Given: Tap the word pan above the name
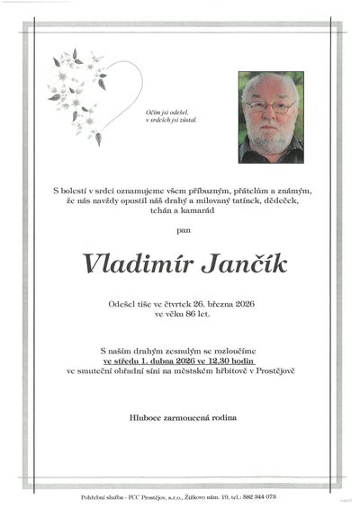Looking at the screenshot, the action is tap(180, 232).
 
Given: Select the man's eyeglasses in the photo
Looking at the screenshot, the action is tap(267, 106).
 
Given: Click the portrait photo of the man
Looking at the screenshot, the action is tap(271, 117).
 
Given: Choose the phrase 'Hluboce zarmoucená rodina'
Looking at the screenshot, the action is tap(180, 418).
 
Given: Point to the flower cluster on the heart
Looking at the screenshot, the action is tap(76, 90).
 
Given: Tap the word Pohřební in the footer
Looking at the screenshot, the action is tap(100, 497).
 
